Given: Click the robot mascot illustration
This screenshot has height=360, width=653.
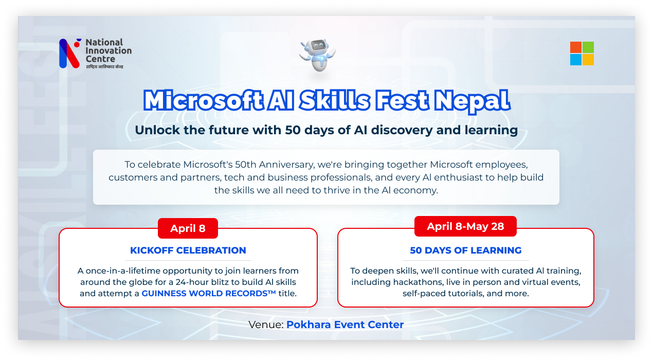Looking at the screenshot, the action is click(318, 55).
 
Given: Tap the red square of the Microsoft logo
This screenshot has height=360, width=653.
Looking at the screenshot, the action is click(576, 47).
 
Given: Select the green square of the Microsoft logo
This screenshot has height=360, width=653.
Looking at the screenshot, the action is click(588, 47).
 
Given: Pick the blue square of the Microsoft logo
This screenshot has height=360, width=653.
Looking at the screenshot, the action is click(576, 60).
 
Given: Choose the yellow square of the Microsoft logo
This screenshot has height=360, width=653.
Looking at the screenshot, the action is click(588, 60).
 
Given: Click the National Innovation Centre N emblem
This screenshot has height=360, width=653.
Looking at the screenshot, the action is click(70, 53).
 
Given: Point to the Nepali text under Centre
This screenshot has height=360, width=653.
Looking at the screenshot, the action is click(104, 67).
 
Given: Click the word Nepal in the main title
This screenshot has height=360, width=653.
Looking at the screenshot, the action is click(472, 101).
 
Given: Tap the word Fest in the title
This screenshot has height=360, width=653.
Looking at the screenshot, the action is click(402, 100).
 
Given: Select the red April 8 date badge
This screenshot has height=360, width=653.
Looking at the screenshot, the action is click(188, 228).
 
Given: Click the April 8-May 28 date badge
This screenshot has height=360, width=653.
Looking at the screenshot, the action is click(465, 226).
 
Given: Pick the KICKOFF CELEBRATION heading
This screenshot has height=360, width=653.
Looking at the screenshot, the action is click(188, 250).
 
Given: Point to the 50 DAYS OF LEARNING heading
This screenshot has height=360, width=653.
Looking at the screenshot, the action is click(465, 250).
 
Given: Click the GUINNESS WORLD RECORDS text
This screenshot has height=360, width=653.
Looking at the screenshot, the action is click(208, 293).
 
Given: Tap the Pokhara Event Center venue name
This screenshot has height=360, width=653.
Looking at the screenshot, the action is click(345, 325).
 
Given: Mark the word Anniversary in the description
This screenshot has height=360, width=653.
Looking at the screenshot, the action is click(286, 165).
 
